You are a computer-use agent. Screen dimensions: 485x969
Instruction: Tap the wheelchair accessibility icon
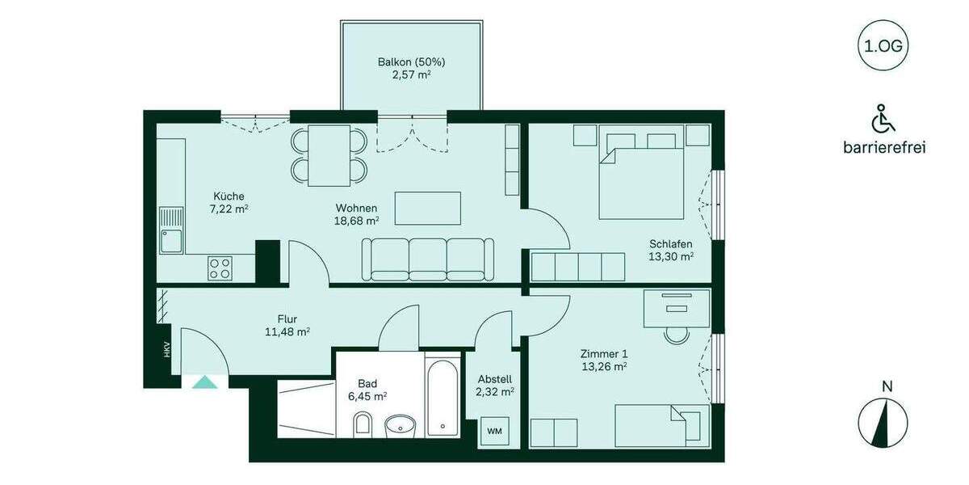883,120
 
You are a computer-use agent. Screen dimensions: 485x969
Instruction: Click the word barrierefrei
883,148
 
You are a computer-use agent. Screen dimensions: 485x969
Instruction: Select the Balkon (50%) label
411,61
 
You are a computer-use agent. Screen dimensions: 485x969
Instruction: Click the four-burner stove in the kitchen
220,268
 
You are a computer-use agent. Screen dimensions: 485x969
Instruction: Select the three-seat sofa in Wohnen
428,259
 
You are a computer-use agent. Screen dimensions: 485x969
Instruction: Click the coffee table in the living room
427,208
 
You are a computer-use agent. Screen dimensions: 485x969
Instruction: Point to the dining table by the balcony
329,155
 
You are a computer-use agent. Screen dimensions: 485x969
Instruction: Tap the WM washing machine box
494,432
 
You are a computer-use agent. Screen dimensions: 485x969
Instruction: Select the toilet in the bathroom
363,424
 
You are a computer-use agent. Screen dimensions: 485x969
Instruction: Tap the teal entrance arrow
204,382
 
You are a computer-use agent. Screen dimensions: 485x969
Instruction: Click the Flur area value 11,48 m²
287,331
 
